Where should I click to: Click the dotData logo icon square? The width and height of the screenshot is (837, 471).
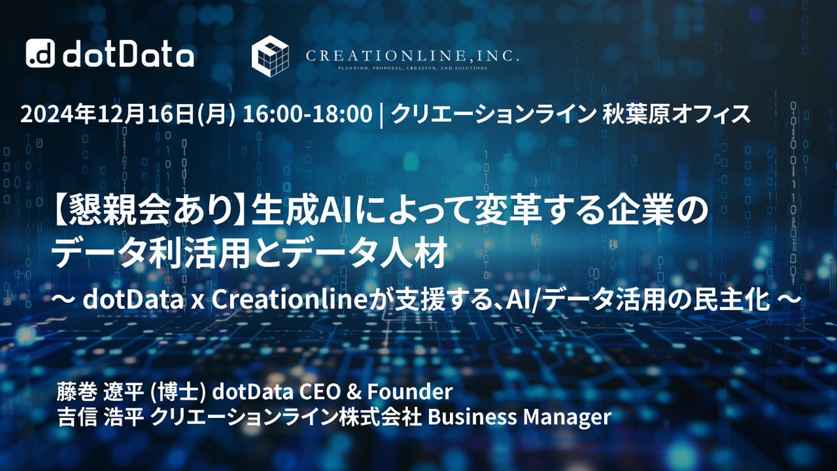click(x=40, y=54)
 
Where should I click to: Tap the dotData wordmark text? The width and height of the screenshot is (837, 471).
click(x=128, y=54)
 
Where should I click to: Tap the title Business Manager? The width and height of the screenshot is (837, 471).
click(x=519, y=417)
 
